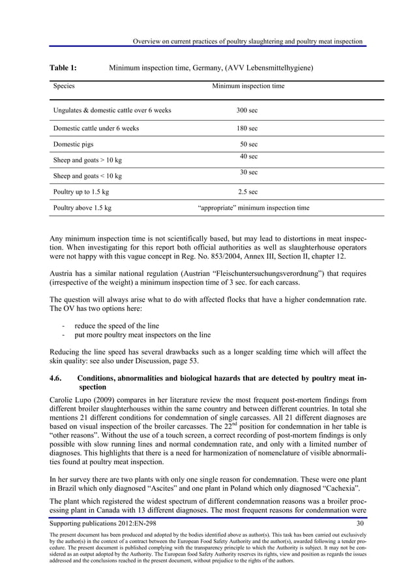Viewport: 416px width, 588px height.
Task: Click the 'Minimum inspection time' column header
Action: pyautogui.click(x=248, y=85)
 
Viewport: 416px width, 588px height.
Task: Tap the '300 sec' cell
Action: pyautogui.click(x=246, y=110)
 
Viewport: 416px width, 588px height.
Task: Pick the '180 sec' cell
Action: pyautogui.click(x=246, y=128)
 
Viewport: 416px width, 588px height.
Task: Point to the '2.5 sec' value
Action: pyautogui.click(x=248, y=192)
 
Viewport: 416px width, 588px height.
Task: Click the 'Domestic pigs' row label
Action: pyautogui.click(x=73, y=144)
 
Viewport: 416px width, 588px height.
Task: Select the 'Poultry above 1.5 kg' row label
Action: pyautogui.click(x=82, y=208)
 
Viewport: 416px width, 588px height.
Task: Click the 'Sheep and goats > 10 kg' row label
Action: pyautogui.click(x=87, y=160)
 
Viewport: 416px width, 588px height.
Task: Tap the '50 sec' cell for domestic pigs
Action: pyautogui.click(x=248, y=144)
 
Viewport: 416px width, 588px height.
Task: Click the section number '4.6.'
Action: pyautogui.click(x=59, y=377)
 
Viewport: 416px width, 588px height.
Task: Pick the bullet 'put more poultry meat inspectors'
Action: pyautogui.click(x=142, y=335)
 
